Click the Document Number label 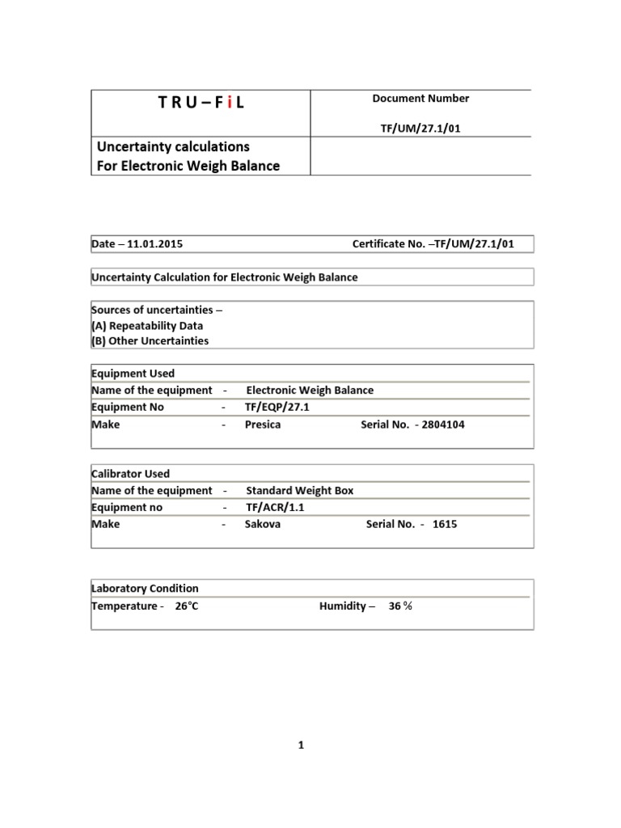[x=420, y=99]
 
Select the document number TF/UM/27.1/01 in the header [x=420, y=127]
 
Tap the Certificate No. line [x=433, y=244]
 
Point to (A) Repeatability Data [x=147, y=326]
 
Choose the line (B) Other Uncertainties [x=150, y=340]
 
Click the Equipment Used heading [x=133, y=374]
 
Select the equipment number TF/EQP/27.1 [x=277, y=408]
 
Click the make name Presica [x=263, y=425]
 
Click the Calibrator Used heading [x=131, y=474]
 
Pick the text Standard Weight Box [x=300, y=491]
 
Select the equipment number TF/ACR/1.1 [x=276, y=508]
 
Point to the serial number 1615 [x=445, y=524]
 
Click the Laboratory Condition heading [x=145, y=589]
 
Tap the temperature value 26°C [x=186, y=606]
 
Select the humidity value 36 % [x=400, y=606]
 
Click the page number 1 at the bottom [x=300, y=746]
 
